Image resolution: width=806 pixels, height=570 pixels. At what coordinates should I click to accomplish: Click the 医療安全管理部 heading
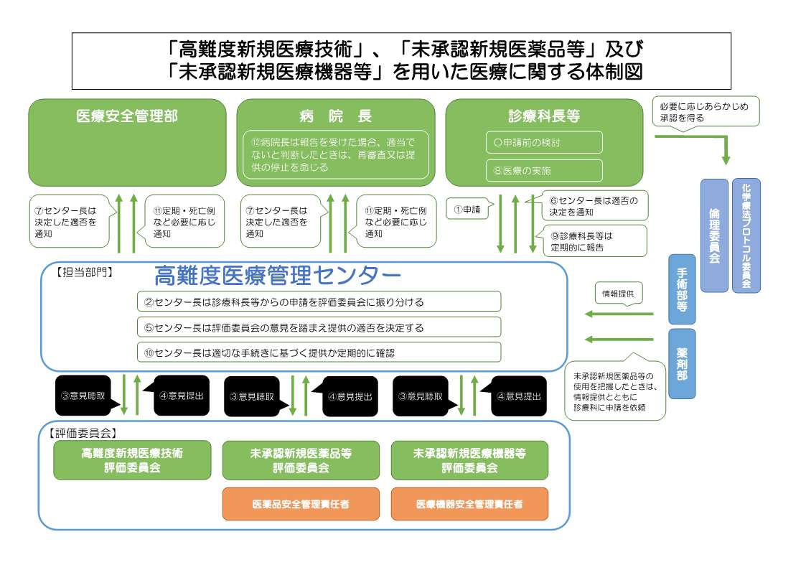[x=127, y=116]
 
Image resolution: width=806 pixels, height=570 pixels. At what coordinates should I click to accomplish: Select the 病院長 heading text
[x=336, y=116]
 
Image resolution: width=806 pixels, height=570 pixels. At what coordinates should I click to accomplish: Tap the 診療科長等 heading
[x=544, y=116]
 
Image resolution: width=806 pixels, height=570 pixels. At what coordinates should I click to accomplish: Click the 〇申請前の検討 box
[x=544, y=142]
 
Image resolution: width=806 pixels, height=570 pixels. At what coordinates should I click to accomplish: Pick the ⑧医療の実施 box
[x=544, y=170]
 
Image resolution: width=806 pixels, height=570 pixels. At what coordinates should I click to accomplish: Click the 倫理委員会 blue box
[x=713, y=235]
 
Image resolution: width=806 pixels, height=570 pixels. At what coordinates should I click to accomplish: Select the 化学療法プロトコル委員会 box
[x=746, y=235]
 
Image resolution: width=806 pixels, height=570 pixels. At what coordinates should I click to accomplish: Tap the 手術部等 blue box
[x=682, y=288]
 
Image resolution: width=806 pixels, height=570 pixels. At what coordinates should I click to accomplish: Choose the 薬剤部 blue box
[x=682, y=363]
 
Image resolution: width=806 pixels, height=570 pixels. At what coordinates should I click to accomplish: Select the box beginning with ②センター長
[x=319, y=302]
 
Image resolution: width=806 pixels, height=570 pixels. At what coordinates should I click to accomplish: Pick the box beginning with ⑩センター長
[x=319, y=352]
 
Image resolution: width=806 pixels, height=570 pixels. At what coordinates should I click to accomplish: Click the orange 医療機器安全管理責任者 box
[x=469, y=504]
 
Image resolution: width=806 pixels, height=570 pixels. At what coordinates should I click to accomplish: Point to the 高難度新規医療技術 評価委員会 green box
[x=132, y=460]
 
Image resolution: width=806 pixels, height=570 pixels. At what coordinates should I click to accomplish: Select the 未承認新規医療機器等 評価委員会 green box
[x=469, y=460]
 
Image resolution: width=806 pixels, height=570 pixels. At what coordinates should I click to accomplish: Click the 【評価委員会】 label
[x=83, y=433]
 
